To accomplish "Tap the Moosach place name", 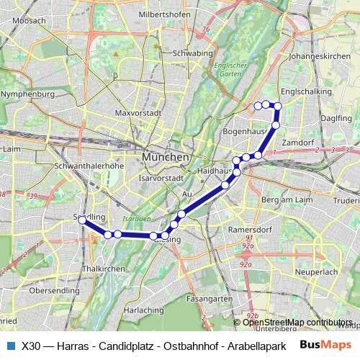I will (x=29, y=21).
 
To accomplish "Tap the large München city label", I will (x=166, y=157).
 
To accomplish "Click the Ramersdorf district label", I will (x=248, y=229).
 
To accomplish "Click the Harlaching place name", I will (x=144, y=310).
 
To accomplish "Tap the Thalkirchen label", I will (x=99, y=268).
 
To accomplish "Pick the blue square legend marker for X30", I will (x=10, y=345).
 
